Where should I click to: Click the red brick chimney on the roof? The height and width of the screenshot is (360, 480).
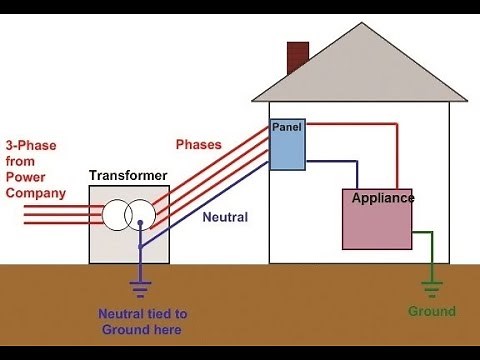[297, 58]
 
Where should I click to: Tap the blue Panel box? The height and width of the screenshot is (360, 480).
[287, 150]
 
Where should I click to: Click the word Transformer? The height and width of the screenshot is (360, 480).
[128, 176]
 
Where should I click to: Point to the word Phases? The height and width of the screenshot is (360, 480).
[199, 144]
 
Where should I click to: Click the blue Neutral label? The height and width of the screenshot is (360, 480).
[226, 216]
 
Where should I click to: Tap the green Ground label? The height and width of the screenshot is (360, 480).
[431, 312]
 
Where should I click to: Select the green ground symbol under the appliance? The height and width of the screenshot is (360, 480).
[431, 290]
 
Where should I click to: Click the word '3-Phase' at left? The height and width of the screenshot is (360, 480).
[30, 145]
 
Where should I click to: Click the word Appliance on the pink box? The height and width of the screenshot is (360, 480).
[383, 198]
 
